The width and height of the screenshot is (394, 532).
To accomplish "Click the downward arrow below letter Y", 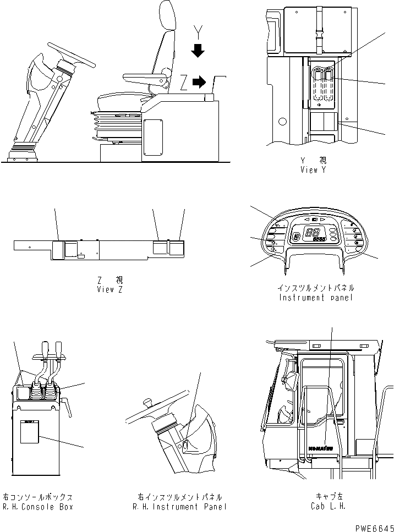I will point(198,52).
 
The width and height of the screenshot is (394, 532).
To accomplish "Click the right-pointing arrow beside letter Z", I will point(199,84).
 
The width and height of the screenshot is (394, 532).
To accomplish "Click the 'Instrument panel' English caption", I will point(316,298).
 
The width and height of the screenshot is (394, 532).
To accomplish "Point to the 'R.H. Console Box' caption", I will point(37,507).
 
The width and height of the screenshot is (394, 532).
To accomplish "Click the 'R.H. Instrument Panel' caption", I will point(179,507).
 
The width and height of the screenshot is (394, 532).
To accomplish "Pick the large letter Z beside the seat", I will point(183,84).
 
